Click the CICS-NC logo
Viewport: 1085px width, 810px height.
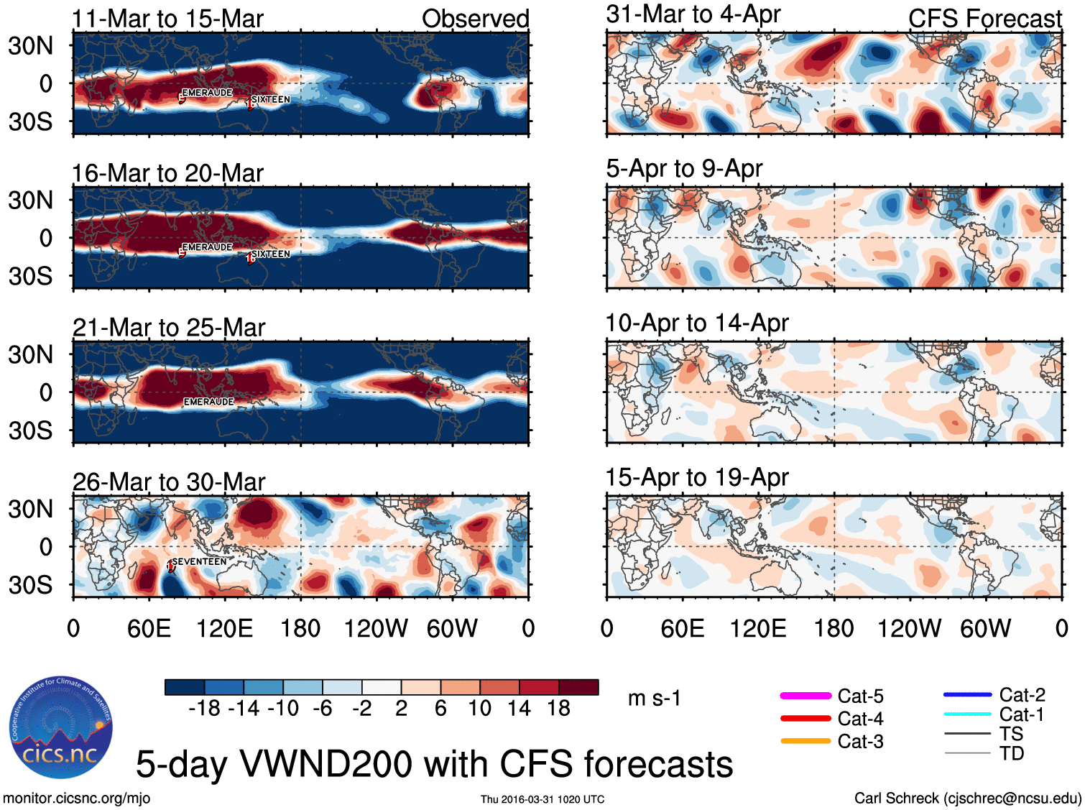point(61,727)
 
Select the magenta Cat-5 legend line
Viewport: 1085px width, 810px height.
point(805,696)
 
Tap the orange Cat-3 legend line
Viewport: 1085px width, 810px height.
point(805,741)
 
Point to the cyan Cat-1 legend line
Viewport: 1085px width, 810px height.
point(967,714)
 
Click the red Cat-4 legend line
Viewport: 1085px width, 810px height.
point(805,718)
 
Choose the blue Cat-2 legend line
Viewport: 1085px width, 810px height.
point(967,695)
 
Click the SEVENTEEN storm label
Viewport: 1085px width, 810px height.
point(199,561)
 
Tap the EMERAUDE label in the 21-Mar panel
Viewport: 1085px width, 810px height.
point(208,402)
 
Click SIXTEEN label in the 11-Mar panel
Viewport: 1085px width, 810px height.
point(271,100)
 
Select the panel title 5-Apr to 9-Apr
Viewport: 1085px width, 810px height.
point(684,169)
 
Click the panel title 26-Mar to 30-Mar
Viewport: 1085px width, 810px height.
point(169,482)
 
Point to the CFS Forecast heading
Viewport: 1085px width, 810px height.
point(984,19)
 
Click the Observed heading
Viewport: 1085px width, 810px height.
point(475,19)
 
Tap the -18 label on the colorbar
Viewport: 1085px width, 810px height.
point(205,709)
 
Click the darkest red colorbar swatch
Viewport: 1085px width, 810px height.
point(578,687)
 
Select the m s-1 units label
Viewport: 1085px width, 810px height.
point(654,699)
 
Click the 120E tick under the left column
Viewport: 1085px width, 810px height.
point(224,629)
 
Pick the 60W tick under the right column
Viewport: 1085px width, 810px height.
point(985,629)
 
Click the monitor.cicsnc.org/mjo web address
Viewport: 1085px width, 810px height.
point(76,799)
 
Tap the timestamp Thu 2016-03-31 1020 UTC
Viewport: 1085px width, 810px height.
point(542,799)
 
